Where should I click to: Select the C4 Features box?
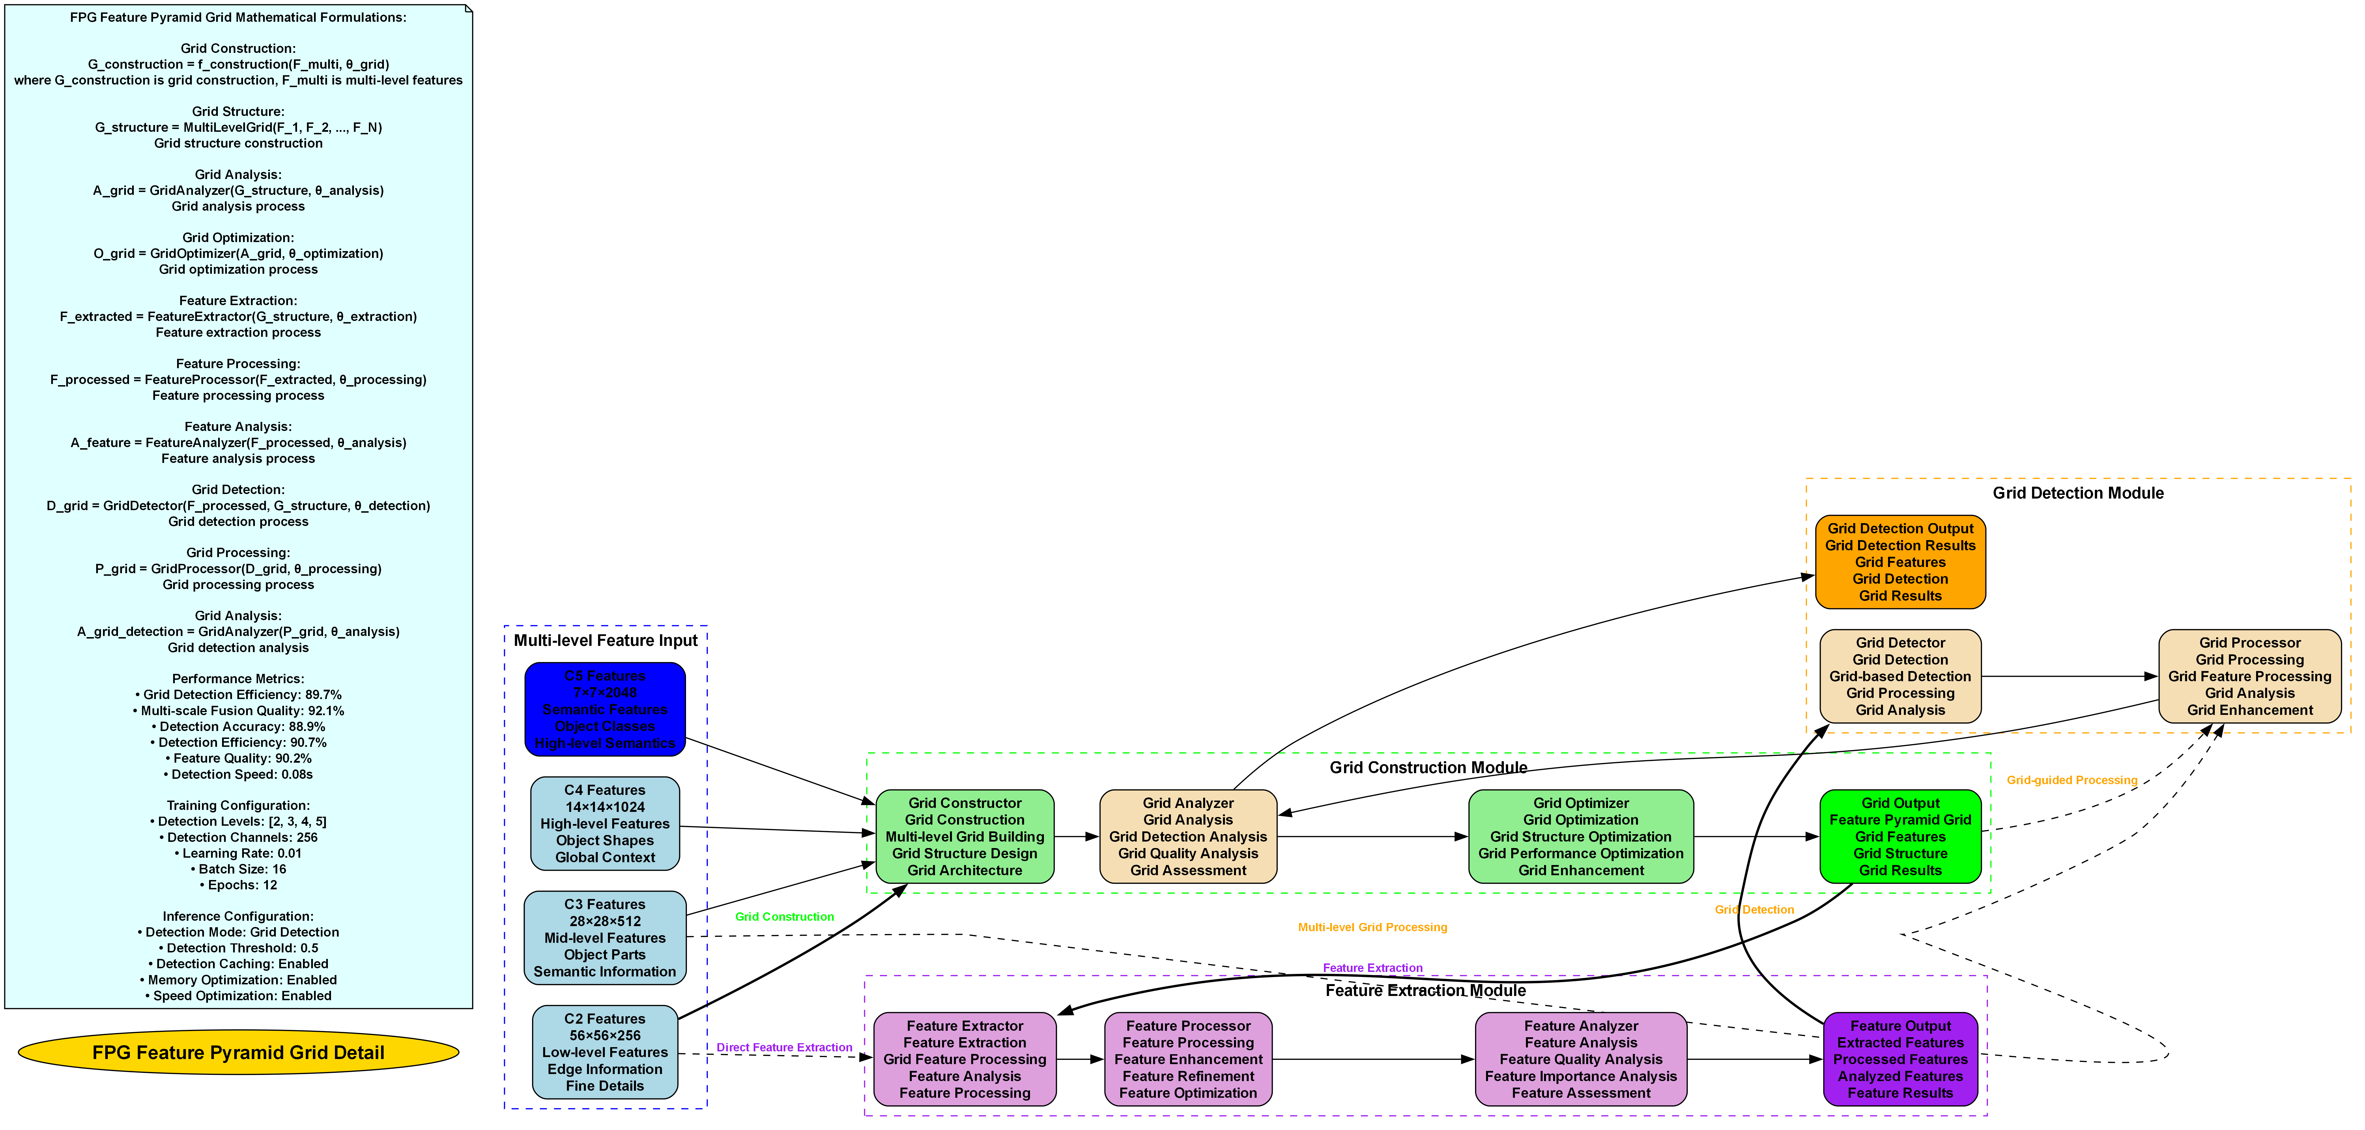(605, 823)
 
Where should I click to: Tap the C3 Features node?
(605, 937)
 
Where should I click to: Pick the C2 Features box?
(605, 1052)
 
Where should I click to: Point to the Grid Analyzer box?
(1188, 836)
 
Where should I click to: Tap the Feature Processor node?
(1188, 1059)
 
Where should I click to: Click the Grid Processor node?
(2249, 676)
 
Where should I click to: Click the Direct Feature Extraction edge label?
(784, 1047)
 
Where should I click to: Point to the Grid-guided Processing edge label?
(2072, 780)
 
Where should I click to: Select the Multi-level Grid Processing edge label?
(1373, 927)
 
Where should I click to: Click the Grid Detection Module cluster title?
(2078, 493)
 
